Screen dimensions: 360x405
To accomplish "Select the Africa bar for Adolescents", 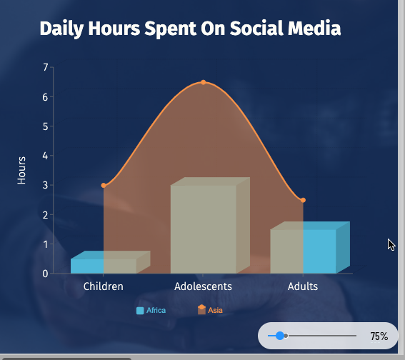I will point(203,229).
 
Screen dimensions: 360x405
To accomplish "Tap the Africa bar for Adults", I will point(303,251).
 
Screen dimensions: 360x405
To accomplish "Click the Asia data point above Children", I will point(104,185).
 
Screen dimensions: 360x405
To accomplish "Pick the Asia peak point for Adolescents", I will point(204,82).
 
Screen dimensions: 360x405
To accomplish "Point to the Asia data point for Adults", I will point(304,200).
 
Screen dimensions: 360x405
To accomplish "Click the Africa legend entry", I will point(151,310).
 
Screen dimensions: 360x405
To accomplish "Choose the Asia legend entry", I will point(210,310).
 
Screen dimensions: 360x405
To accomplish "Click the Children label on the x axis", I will point(104,286).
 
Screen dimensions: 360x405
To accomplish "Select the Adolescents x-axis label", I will point(203,286).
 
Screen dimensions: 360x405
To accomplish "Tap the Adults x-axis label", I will point(303,286).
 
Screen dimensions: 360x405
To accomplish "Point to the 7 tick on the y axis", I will point(46,67).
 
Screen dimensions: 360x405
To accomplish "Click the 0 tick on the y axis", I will point(46,274).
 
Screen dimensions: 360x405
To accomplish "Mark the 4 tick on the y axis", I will point(46,156).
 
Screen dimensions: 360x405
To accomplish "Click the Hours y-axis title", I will point(22,170).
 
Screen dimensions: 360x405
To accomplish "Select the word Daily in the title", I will point(61,29).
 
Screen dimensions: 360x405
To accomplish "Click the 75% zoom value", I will point(379,336).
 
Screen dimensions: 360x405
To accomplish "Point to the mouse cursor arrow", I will point(391,244).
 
